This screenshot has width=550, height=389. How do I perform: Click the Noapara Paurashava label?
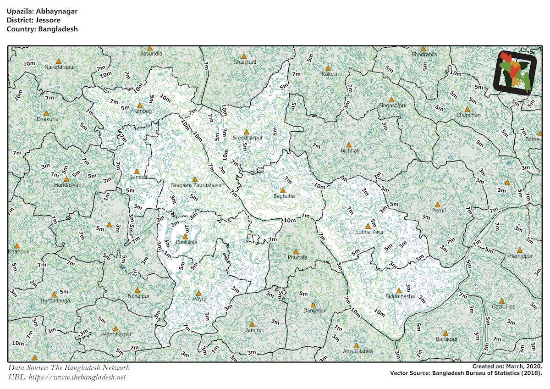pos(196,185)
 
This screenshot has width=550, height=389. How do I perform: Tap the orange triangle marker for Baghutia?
pos(283,190)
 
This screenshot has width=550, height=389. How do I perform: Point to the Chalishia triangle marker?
pos(185,236)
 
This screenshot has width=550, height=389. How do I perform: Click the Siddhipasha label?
pos(400,296)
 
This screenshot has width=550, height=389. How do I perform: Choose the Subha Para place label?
pos(368,232)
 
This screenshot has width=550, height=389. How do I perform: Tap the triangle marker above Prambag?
pos(140,105)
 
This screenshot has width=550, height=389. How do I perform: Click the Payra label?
pos(199,299)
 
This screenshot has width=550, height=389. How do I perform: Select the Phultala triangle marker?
pos(297,252)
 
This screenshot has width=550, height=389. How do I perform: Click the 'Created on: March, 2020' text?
pos(507,367)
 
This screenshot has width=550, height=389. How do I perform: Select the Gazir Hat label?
pos(503,306)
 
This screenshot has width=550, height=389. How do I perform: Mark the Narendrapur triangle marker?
pos(58,61)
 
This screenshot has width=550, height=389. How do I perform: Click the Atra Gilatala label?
pos(358,351)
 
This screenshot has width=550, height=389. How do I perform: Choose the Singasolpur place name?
pos(392,106)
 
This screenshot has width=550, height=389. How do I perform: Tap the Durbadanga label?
pos(55,300)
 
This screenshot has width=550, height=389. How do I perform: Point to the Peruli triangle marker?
pos(437,205)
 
